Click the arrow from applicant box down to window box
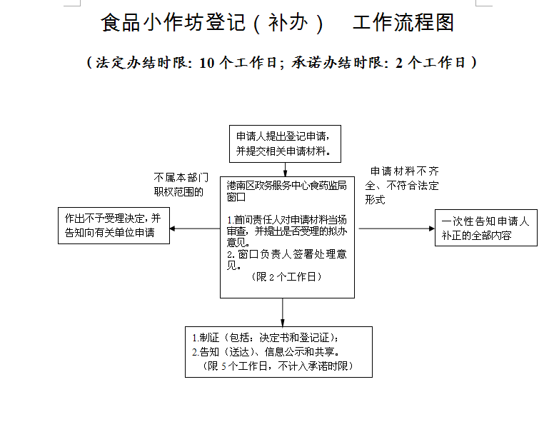coord(286,169)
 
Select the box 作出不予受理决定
coord(114,226)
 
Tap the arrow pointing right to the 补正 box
coord(396,228)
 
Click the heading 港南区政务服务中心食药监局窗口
coord(286,190)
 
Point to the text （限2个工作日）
coord(286,277)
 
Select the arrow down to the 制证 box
coord(283,312)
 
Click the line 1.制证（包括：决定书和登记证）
coord(263,338)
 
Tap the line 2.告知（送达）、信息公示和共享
coord(264,352)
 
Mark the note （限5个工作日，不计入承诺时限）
coord(278,366)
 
